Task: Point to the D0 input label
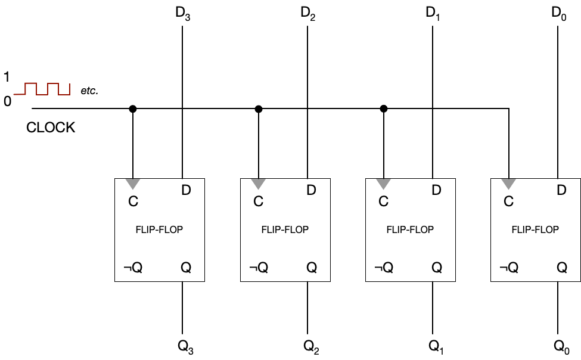(558, 13)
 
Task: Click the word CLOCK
(51, 128)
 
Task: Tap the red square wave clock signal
(42, 89)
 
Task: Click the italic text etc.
(89, 91)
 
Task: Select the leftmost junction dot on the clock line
(133, 108)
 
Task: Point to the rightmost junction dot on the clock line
(384, 108)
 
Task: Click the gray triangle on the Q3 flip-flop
(133, 183)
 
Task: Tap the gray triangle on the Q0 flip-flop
(508, 183)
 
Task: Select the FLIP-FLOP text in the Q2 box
(285, 229)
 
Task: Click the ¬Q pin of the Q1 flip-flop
(383, 268)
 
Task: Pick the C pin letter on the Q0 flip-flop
(508, 201)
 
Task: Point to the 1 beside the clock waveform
(7, 77)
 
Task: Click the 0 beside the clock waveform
(7, 101)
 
